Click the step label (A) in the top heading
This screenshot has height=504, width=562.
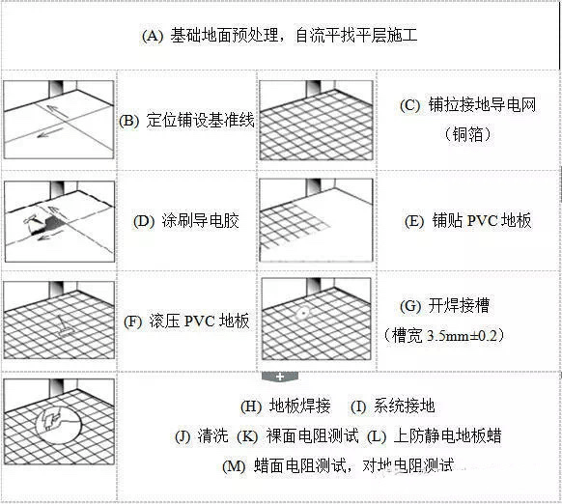click(x=153, y=36)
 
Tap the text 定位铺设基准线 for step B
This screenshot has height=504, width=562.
click(x=200, y=121)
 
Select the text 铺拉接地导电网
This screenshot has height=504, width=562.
click(x=482, y=105)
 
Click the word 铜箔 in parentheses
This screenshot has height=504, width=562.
click(x=467, y=135)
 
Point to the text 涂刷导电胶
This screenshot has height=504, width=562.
click(x=200, y=221)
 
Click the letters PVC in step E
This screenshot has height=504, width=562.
click(x=481, y=221)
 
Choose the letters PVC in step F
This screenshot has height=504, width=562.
click(x=199, y=322)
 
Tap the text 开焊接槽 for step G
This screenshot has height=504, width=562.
click(x=459, y=306)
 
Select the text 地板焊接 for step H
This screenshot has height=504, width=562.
click(x=300, y=406)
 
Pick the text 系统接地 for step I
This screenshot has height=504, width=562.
click(x=405, y=406)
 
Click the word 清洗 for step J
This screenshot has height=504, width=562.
click(x=212, y=435)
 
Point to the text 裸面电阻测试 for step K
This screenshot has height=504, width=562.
click(x=312, y=435)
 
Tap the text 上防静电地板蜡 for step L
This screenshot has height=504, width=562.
click(x=447, y=435)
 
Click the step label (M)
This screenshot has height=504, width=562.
click(x=234, y=466)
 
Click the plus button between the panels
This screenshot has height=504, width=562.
click(x=280, y=377)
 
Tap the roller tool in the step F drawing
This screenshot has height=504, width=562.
click(x=65, y=327)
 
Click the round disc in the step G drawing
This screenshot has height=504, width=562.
click(x=303, y=313)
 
